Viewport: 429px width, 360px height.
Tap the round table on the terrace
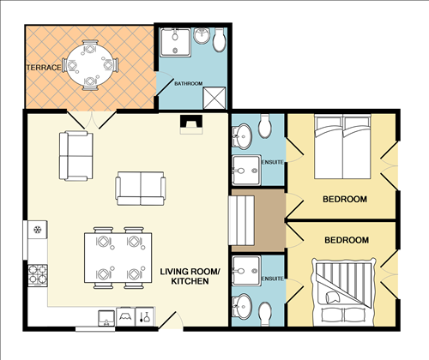coord(89,63)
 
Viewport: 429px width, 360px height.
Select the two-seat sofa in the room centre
coord(141,188)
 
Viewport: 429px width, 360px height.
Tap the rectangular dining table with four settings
coord(116,255)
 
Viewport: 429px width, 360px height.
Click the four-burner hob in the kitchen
coord(38,275)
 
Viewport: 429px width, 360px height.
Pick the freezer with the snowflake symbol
coord(38,230)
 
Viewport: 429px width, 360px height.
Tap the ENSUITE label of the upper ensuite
coord(272,162)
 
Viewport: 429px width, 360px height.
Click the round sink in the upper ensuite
coord(242,133)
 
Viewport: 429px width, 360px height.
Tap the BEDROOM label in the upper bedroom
coord(345,199)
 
